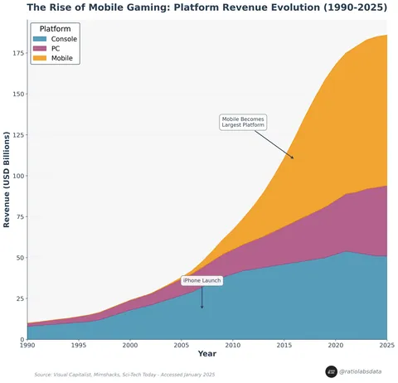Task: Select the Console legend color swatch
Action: (x=40, y=39)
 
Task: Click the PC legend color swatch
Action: (x=40, y=49)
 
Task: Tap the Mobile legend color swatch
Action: (x=40, y=59)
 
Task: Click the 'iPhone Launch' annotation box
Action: (x=201, y=281)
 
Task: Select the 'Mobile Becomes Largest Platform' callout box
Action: (x=243, y=122)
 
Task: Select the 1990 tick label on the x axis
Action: (x=27, y=346)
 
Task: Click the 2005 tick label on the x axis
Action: (x=181, y=346)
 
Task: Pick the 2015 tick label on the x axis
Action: (x=284, y=346)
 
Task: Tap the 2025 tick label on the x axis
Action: (x=386, y=346)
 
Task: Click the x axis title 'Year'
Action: (x=206, y=355)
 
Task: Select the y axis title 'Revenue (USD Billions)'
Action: (x=7, y=179)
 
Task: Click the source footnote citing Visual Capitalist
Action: (x=124, y=375)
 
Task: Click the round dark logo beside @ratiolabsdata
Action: (x=331, y=372)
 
